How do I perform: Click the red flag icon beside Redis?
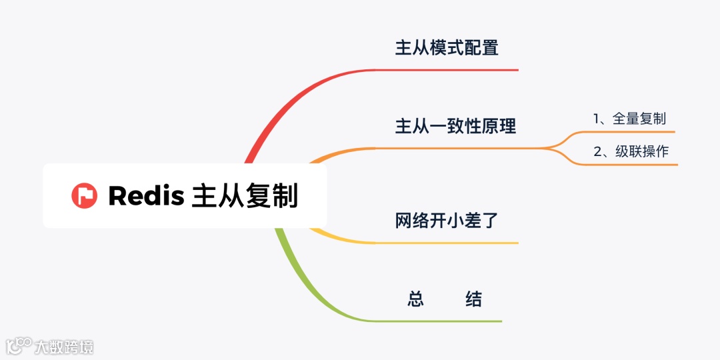[85, 195]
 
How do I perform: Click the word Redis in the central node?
[146, 196]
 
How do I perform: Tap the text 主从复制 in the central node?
[245, 196]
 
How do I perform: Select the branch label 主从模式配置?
[447, 48]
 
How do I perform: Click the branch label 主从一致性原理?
[455, 126]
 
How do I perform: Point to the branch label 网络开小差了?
[447, 220]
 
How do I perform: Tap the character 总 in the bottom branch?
[415, 299]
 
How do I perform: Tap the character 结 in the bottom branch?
[473, 299]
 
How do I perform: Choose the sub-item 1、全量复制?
[629, 119]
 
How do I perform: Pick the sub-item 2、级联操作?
[631, 151]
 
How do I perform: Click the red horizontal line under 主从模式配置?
[453, 70]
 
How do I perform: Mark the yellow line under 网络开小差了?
[453, 243]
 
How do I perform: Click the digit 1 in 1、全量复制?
[597, 119]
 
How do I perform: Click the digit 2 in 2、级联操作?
[597, 151]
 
